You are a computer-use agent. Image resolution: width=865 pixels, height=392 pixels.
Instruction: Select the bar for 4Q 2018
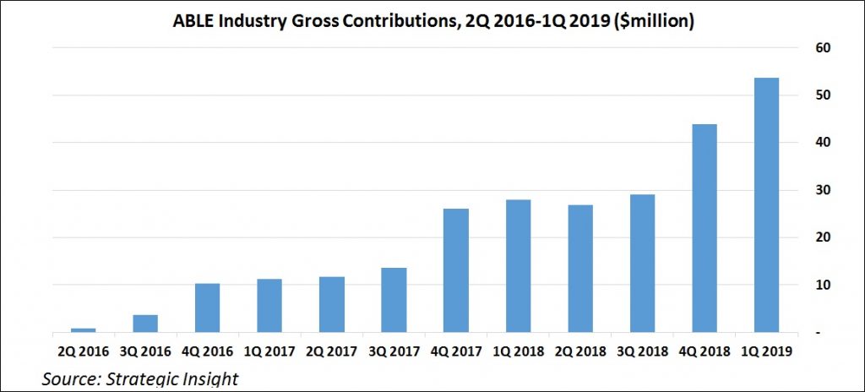pos(704,228)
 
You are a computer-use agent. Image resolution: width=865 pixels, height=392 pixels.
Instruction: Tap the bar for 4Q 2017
pos(456,270)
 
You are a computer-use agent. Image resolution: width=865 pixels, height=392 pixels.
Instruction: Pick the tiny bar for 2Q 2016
pos(83,330)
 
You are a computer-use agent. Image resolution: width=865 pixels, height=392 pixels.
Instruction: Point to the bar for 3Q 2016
pos(145,324)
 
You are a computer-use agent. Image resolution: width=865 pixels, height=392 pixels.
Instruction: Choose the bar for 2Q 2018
pos(579,269)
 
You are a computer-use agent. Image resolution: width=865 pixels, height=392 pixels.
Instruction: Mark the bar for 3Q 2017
pos(394,300)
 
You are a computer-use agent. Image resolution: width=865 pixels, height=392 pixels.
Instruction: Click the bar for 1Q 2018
pos(518,266)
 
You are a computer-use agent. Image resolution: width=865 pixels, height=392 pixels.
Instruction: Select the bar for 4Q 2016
pos(207,308)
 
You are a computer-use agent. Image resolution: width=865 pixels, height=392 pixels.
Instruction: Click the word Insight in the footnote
pos(209,379)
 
